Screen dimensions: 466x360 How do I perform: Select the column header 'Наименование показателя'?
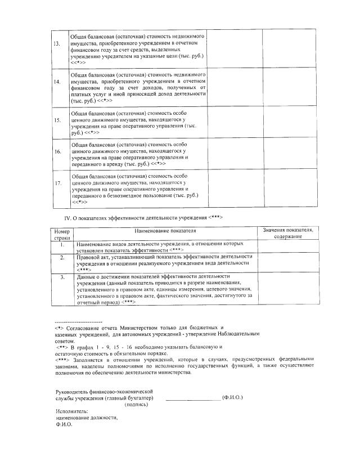tap(165, 231)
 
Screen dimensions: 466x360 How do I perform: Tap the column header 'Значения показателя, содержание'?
tap(289, 234)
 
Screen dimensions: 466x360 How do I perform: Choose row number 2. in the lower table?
tap(62, 258)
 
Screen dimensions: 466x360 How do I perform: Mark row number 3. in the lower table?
tap(62, 277)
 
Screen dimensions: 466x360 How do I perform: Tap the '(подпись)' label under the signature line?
tap(137, 405)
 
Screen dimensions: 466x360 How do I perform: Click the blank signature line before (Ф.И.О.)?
tap(192, 399)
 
